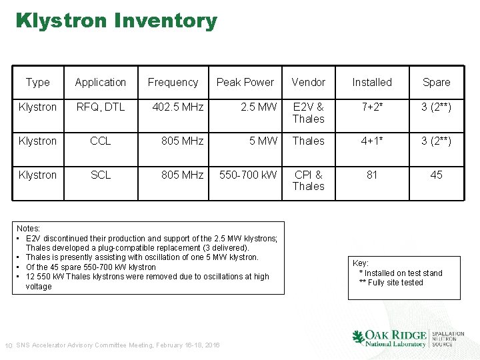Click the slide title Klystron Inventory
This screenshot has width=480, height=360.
coord(117,21)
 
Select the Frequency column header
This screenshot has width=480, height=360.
coord(173,83)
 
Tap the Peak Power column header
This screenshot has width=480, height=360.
coord(245,83)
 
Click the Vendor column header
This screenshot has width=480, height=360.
coord(308,83)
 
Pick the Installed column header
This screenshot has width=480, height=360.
coord(372,83)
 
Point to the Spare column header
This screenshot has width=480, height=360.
coord(436,83)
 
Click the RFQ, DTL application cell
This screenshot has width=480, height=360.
coord(101,107)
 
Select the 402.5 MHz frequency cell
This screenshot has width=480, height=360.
coord(178,107)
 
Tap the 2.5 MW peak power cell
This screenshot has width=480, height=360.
coord(259,107)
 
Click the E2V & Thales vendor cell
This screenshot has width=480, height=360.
coord(308,113)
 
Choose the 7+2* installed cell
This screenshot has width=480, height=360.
coord(372,107)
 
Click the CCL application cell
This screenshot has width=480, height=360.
coord(101,141)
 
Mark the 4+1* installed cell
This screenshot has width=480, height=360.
coord(372,141)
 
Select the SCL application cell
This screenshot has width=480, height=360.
coord(101,175)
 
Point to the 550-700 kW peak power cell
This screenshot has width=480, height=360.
coord(248,175)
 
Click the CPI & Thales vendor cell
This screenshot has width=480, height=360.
coord(308,180)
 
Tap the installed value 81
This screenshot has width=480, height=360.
coord(372,175)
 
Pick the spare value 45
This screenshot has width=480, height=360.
coord(436,175)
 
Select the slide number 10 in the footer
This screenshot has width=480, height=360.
coord(9,345)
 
